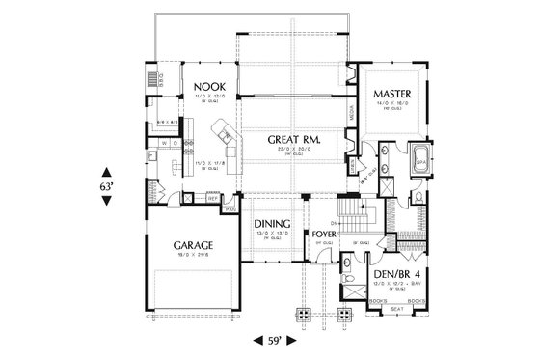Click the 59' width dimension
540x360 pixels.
tap(274, 340)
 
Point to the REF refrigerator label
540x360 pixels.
tap(210, 200)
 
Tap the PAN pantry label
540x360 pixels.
tap(229, 208)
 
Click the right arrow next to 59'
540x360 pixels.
tap(294, 340)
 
